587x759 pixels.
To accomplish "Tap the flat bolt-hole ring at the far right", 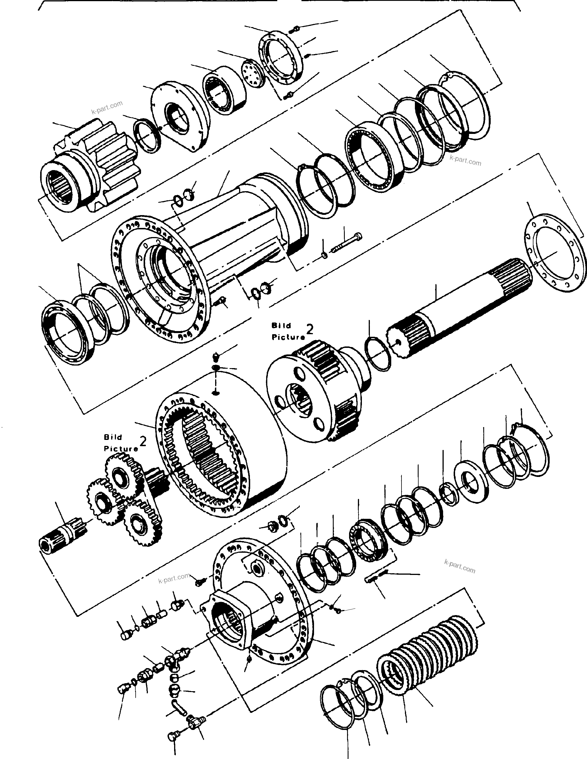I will coord(553,257).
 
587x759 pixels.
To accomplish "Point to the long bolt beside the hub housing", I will coord(348,243).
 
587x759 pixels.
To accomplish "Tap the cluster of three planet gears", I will coord(125,493).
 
